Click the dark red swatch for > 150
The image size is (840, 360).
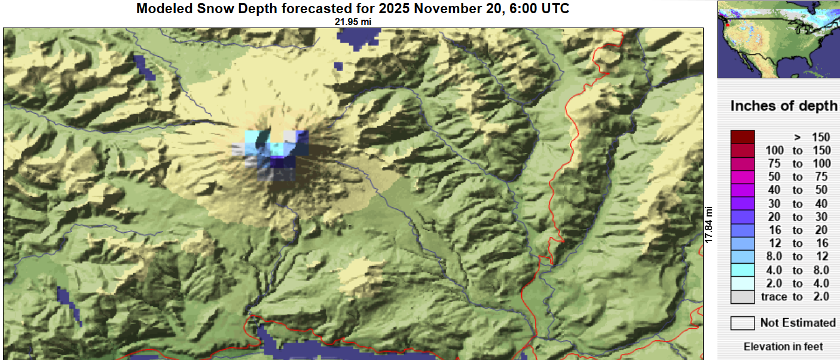click(743, 137)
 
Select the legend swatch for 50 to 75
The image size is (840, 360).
click(743, 177)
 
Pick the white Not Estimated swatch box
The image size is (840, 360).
click(743, 323)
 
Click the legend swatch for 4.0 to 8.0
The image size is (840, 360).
click(743, 270)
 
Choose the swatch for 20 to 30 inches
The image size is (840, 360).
click(743, 217)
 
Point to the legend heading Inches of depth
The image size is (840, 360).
click(784, 106)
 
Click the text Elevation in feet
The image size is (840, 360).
click(783, 347)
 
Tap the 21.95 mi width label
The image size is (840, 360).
click(353, 22)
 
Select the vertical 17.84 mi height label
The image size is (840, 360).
click(710, 224)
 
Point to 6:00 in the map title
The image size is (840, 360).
click(523, 9)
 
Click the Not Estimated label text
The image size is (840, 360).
click(798, 323)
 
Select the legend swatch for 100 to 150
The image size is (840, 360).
click(743, 150)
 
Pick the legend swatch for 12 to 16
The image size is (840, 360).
click(743, 244)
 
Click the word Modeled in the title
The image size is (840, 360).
click(163, 9)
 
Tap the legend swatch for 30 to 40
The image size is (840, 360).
click(743, 204)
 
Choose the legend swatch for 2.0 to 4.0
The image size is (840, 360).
click(743, 283)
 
